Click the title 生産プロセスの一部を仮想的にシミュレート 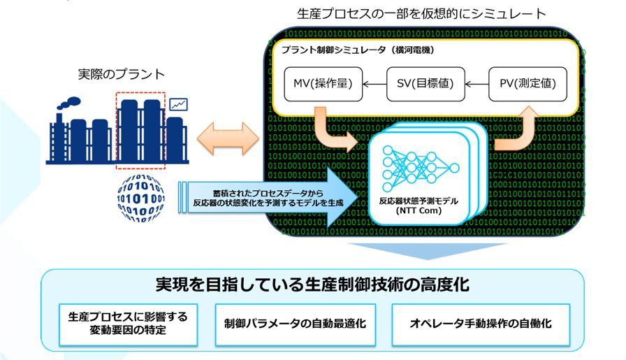(x=421, y=13)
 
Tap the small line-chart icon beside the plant (x=179, y=105)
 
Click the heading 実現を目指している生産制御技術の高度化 (x=312, y=285)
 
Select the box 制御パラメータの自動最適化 (x=295, y=324)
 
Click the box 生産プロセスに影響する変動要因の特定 (x=128, y=324)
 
